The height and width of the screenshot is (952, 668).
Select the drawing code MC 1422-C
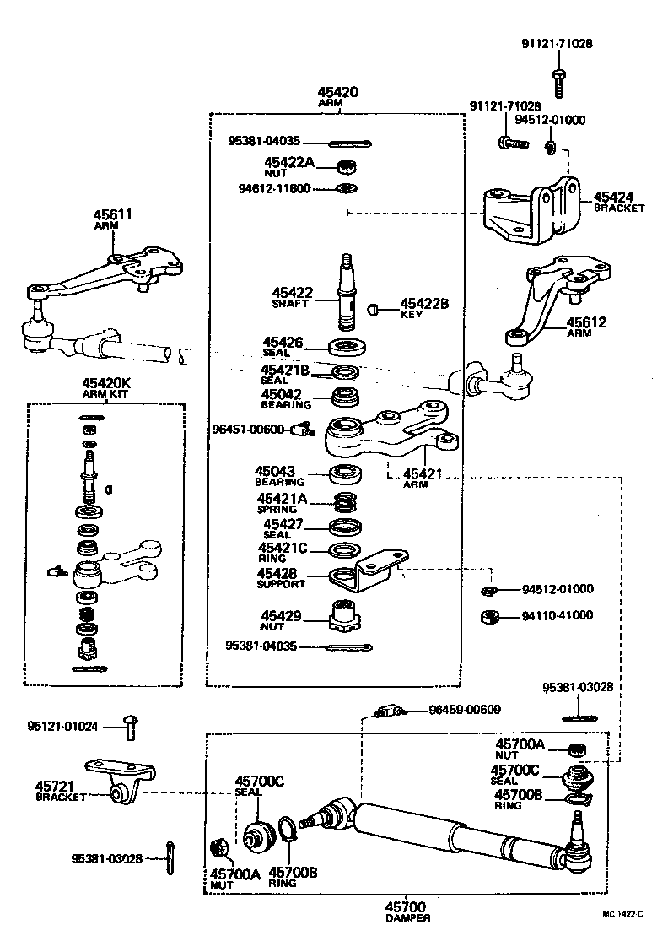pyautogui.click(x=622, y=913)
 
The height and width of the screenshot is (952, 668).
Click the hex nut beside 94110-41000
pyautogui.click(x=488, y=617)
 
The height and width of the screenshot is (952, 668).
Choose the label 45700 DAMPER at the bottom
pyautogui.click(x=407, y=911)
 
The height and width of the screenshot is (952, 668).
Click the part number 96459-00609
pyautogui.click(x=465, y=709)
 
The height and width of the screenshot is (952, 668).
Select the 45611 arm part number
pyautogui.click(x=112, y=216)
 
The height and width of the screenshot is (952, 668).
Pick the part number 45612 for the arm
pyautogui.click(x=585, y=322)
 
